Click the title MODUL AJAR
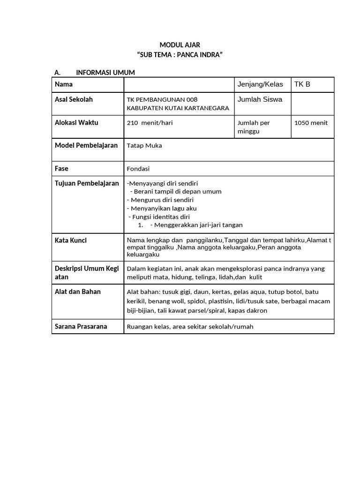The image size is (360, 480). (180, 45)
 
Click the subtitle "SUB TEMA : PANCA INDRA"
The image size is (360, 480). (180, 55)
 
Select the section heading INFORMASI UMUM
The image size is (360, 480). (105, 72)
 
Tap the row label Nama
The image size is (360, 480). (64, 84)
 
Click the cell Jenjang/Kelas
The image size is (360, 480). (260, 84)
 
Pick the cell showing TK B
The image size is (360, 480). (302, 84)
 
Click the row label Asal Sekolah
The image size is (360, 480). (74, 99)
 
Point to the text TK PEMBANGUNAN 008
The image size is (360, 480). (162, 99)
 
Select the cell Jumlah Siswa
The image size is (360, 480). (260, 99)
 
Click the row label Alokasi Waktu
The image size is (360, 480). (77, 122)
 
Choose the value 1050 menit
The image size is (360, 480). (311, 123)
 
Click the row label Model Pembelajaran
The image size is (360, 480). (86, 145)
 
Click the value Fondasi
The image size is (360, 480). (138, 168)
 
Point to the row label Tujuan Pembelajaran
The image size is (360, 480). (87, 183)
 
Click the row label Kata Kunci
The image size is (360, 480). (71, 240)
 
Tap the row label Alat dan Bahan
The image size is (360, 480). (78, 292)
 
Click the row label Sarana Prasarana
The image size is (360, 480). (81, 326)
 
